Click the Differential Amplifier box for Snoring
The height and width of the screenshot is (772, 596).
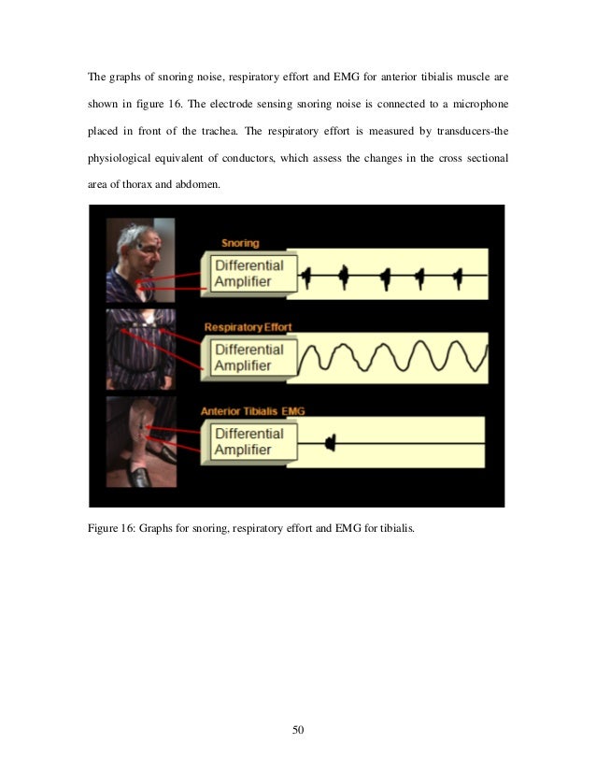pos(248,273)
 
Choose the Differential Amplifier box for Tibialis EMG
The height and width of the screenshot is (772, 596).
pos(248,442)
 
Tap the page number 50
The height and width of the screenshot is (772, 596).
pos(298,729)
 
